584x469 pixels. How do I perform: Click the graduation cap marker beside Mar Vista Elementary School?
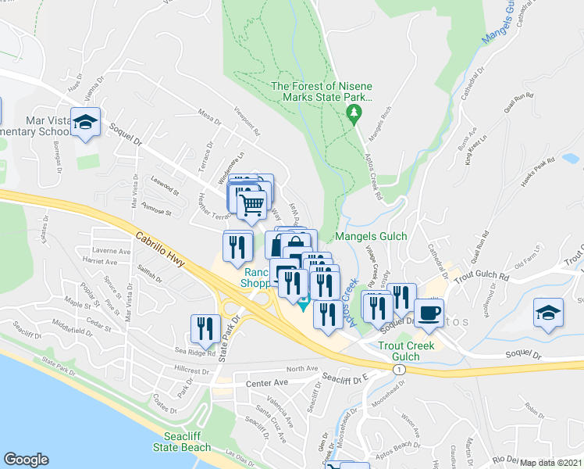(85, 122)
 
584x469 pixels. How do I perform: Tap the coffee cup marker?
(428, 313)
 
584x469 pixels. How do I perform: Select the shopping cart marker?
(252, 205)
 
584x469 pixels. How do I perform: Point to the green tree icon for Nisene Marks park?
(354, 114)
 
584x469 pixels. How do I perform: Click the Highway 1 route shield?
(400, 369)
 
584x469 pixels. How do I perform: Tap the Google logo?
(26, 460)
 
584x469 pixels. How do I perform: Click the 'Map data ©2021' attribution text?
(551, 463)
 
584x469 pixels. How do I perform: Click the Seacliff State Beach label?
(187, 442)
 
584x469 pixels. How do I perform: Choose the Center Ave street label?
(267, 383)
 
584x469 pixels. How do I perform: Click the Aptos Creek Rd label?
(372, 173)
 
